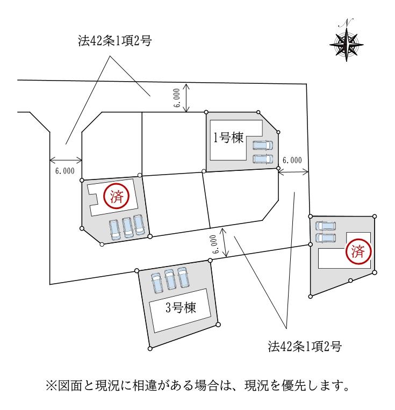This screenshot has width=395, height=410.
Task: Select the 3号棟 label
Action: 179,308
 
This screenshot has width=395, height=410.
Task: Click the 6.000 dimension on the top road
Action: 177,98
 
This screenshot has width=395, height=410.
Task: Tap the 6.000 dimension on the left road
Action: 64,171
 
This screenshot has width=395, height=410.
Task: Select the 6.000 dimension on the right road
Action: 292,160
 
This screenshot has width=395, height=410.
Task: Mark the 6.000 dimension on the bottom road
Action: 214,244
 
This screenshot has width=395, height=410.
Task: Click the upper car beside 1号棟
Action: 263,146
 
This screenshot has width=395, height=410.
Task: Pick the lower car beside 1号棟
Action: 263,159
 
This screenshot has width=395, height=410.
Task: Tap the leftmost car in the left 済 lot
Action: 114,229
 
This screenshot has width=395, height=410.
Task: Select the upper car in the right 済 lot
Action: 326,226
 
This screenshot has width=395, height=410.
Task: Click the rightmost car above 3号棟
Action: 184,277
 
